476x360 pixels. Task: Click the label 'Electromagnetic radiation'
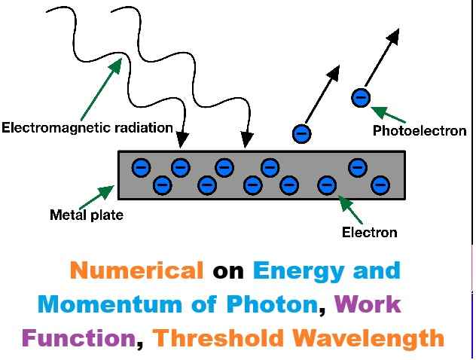pyautogui.click(x=87, y=127)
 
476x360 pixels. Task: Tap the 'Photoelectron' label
pyautogui.click(x=420, y=131)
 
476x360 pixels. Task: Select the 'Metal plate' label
pyautogui.click(x=86, y=215)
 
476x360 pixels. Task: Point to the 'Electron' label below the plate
pyautogui.click(x=369, y=232)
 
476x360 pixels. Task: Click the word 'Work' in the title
pyautogui.click(x=368, y=304)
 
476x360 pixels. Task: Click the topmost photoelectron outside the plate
pyautogui.click(x=361, y=97)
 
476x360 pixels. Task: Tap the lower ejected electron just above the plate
pyautogui.click(x=302, y=134)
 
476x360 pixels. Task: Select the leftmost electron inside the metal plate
pyautogui.click(x=140, y=167)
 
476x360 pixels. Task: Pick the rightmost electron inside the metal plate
pyautogui.click(x=380, y=185)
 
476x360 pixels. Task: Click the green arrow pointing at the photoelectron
pyautogui.click(x=389, y=114)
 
